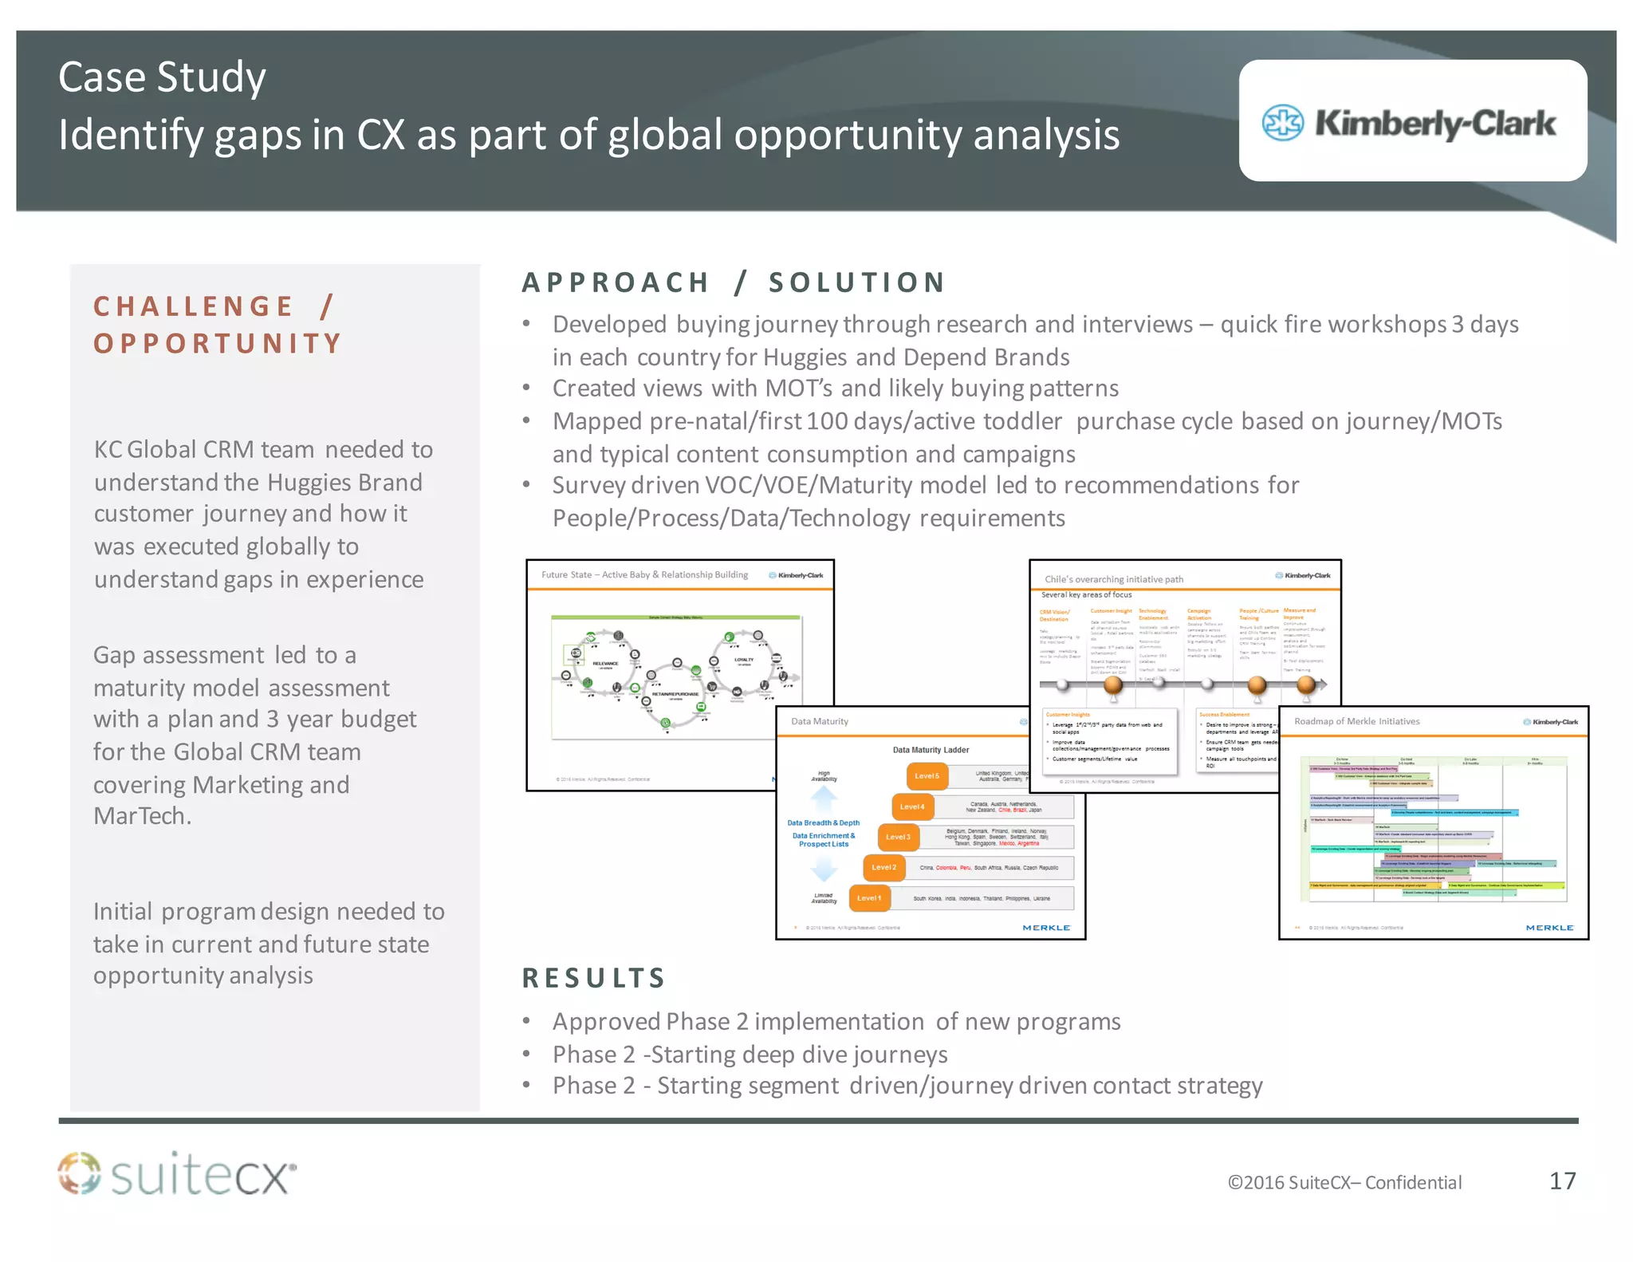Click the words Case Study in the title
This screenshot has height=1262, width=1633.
(162, 77)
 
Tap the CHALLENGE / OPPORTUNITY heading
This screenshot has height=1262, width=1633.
(217, 325)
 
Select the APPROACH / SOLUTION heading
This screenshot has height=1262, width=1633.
(733, 282)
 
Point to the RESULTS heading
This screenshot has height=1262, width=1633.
(593, 978)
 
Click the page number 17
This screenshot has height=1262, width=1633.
(1562, 1181)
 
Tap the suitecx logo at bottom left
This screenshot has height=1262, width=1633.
(177, 1175)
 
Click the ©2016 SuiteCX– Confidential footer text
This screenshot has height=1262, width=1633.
(1344, 1182)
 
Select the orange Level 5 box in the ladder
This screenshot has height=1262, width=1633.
(927, 776)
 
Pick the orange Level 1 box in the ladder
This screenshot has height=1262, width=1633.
(869, 898)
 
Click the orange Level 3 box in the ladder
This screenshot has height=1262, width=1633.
(898, 837)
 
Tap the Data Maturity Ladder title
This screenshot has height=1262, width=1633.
(931, 750)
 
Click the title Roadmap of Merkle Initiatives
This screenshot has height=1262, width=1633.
(1356, 721)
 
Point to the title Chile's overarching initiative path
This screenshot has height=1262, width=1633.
(1113, 579)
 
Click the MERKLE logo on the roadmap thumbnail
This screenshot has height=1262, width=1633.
(1549, 928)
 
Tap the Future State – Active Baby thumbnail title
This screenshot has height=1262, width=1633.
(644, 574)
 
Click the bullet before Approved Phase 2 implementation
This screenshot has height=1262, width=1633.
(526, 1021)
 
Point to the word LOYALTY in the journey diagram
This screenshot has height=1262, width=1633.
(743, 660)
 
